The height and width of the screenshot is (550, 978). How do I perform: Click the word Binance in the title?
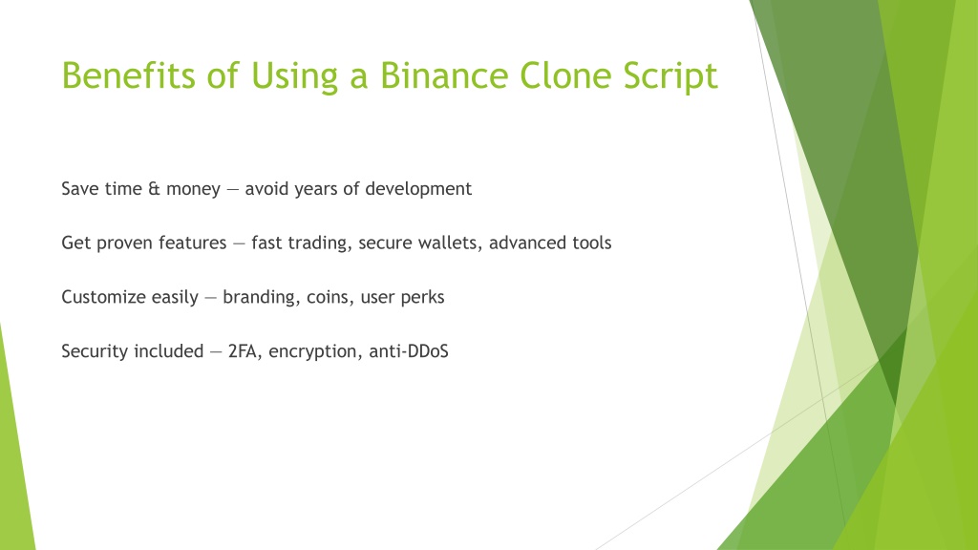[x=444, y=75]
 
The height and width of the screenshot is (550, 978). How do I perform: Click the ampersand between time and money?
[x=154, y=188]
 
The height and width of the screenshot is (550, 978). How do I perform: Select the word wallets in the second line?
[x=449, y=243]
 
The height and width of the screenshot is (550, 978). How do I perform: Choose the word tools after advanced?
[x=591, y=243]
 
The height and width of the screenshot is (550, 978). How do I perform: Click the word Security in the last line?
[x=97, y=352]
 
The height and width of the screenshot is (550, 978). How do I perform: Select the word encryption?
[x=315, y=352]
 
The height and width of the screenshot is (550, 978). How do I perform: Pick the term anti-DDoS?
[x=409, y=351]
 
